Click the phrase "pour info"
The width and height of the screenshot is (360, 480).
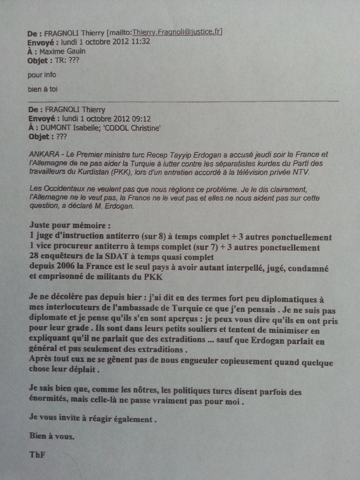43,74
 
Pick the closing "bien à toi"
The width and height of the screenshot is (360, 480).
43,89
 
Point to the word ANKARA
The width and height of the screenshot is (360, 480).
44,154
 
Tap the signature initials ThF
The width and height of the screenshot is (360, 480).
37,454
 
